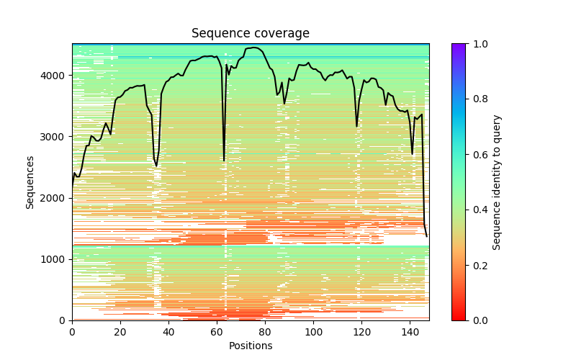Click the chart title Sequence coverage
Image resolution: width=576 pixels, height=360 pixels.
click(x=250, y=34)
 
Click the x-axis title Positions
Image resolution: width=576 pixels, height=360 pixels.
click(x=250, y=346)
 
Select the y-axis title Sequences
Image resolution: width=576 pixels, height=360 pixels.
click(x=30, y=182)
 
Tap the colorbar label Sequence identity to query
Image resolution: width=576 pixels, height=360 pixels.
click(x=497, y=182)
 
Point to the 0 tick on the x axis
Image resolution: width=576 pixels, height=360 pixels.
click(x=72, y=332)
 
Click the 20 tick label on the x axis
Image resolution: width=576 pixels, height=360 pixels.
click(x=120, y=332)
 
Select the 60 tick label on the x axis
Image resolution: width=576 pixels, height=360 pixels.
click(x=217, y=332)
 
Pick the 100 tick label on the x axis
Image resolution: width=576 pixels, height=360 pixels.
click(x=313, y=332)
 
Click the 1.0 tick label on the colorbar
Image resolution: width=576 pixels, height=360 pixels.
click(x=476, y=44)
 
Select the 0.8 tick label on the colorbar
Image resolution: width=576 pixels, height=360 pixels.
click(x=476, y=99)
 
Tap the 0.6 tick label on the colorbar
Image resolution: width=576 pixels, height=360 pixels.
click(x=476, y=155)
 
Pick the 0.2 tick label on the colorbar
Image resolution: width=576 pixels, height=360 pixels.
click(x=476, y=265)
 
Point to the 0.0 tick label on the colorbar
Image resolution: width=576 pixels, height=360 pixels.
click(x=476, y=320)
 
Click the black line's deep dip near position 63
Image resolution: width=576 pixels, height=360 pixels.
click(x=224, y=161)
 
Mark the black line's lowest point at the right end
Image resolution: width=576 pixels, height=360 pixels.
click(x=426, y=236)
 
